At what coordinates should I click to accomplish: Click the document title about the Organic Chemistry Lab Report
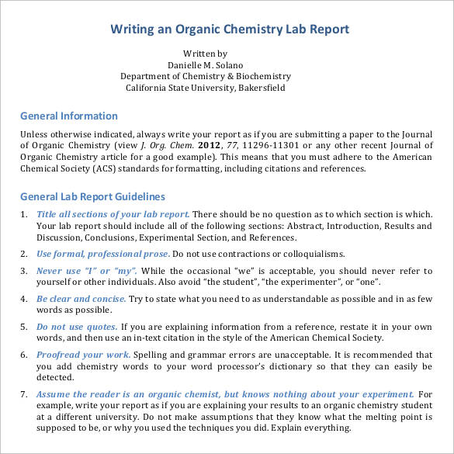(x=230, y=29)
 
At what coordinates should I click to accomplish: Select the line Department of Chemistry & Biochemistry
(x=205, y=76)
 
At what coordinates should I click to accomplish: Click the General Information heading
(x=68, y=116)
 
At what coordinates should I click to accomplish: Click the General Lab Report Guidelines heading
(x=92, y=197)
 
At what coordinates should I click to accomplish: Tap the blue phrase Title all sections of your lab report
(x=113, y=214)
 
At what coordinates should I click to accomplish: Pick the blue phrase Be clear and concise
(x=81, y=299)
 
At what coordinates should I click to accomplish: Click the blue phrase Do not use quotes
(x=77, y=327)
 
